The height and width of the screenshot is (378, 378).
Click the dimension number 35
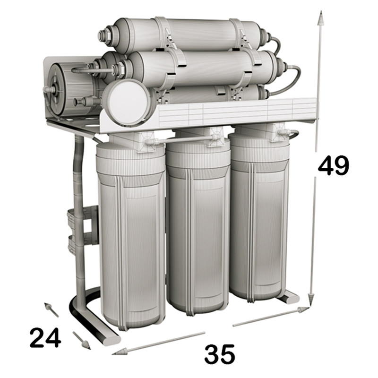219,354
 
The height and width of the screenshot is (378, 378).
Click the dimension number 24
45,337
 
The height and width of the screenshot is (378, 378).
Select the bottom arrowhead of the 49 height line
311,300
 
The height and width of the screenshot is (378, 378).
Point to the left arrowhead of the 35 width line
120,352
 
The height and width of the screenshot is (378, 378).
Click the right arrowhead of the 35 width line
302,310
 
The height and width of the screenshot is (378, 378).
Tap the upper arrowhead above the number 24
48,307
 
